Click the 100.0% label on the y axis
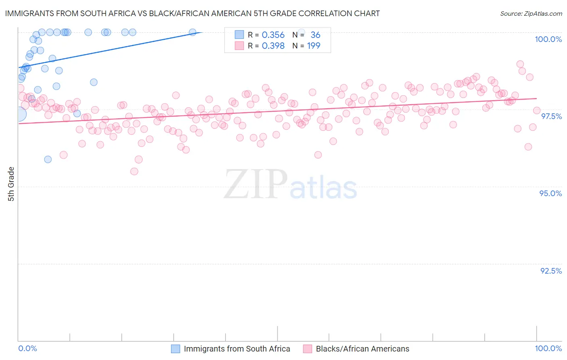coord(548,39)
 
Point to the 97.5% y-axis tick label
coord(551,116)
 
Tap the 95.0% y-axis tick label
coord(550,193)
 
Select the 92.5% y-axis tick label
coord(551,271)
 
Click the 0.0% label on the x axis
coord(27,348)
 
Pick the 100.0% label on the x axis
coord(548,348)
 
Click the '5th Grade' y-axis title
coord(11,184)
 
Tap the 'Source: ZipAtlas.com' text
coord(531,14)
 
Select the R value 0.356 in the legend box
coord(273,35)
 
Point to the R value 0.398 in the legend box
coord(273,46)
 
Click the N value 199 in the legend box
coord(313,46)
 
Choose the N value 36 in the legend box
coord(315,35)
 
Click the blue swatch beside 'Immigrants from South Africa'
coord(175,349)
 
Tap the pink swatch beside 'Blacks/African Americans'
coord(307,349)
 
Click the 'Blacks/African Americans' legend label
coord(362,349)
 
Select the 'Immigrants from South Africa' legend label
coord(237,349)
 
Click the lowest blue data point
coord(48,159)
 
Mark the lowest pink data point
coord(134,172)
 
